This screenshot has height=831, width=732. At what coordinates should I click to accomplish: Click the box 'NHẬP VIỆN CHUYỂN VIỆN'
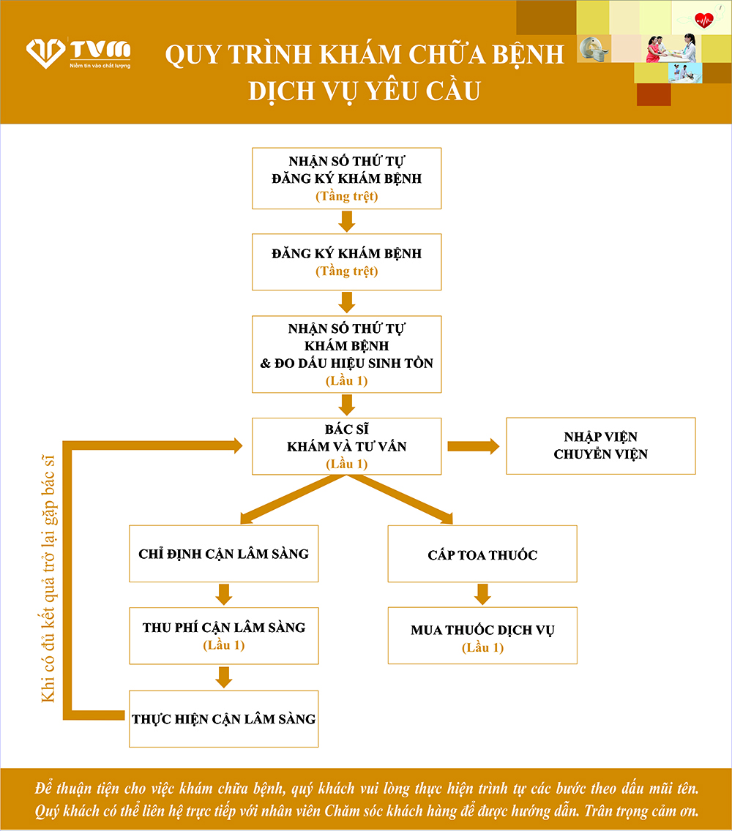click(x=600, y=446)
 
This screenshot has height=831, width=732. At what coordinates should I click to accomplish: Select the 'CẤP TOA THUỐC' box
click(x=482, y=554)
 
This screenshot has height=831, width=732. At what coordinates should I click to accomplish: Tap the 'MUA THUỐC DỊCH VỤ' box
click(x=482, y=635)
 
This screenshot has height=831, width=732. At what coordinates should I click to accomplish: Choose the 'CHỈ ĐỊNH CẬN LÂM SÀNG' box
click(x=224, y=554)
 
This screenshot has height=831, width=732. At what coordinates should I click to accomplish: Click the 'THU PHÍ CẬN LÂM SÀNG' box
click(x=224, y=635)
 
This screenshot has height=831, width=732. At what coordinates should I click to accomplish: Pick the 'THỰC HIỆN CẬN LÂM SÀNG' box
click(x=224, y=718)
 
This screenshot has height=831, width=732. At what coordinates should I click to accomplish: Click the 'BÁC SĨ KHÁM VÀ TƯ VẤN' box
click(x=347, y=446)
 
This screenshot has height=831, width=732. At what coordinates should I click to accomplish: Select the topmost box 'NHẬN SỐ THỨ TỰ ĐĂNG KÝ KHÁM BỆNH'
click(x=347, y=178)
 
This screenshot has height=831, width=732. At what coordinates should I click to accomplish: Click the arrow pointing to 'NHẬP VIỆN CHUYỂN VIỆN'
click(x=473, y=446)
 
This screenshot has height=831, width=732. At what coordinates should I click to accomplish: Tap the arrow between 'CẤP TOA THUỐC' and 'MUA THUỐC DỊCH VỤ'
click(x=482, y=594)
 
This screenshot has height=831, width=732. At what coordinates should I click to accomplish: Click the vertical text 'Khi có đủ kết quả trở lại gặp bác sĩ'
click(x=48, y=578)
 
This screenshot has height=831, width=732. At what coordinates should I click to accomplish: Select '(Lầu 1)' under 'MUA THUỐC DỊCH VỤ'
click(x=482, y=647)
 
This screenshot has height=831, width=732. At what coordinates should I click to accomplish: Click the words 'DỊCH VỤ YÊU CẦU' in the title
click(x=364, y=90)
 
